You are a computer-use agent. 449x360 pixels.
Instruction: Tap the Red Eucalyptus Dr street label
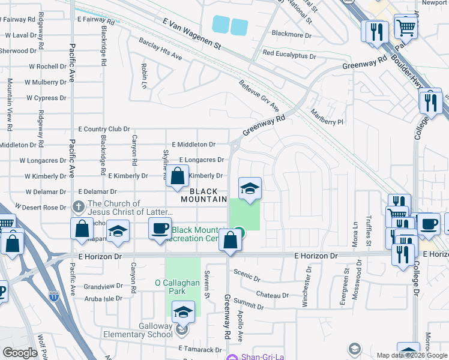pyautogui.click(x=289, y=55)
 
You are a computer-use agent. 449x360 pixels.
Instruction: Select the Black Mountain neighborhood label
pyautogui.click(x=204, y=195)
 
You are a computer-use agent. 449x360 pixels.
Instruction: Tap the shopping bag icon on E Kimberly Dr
pyautogui.click(x=178, y=177)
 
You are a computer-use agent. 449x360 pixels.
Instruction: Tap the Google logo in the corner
pyautogui.click(x=20, y=353)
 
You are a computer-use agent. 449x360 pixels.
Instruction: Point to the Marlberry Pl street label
pyautogui.click(x=327, y=116)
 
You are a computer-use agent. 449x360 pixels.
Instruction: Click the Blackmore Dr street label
pyautogui.click(x=292, y=35)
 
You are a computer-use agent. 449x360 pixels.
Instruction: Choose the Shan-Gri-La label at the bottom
pyautogui.click(x=258, y=358)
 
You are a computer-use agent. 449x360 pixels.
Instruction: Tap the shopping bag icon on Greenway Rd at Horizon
pyautogui.click(x=231, y=241)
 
